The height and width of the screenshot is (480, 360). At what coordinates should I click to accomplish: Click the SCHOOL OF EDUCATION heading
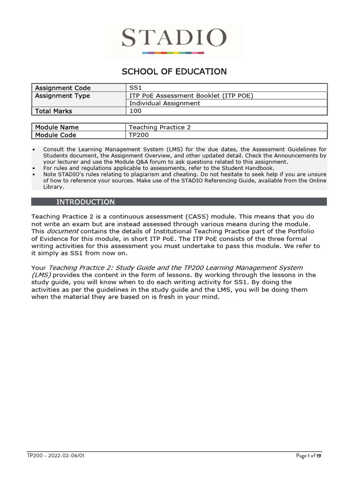174,72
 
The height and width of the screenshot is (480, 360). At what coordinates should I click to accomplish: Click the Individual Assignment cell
165,104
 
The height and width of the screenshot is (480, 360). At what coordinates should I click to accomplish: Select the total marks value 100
135,112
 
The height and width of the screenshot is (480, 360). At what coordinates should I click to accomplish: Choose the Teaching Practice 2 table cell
160,127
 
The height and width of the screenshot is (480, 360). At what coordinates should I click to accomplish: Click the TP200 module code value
139,135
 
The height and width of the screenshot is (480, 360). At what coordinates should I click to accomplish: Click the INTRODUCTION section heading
85,202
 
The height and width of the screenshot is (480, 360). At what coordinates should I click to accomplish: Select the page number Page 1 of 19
308,456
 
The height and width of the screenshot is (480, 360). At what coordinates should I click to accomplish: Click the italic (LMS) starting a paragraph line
41,275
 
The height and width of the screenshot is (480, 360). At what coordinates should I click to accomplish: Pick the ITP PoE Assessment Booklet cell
191,96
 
